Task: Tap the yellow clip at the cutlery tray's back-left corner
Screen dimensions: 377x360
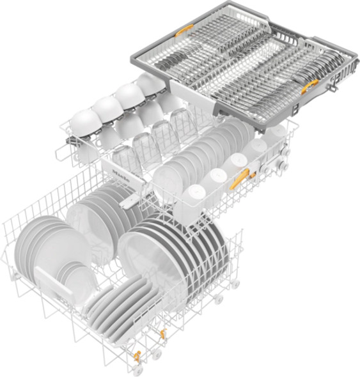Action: click(185, 29)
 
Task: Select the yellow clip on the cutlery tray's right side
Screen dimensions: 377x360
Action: click(309, 86)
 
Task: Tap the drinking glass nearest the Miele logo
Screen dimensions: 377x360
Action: click(121, 157)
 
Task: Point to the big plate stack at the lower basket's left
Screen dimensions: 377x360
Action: click(42, 246)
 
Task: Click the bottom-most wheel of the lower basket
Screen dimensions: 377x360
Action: click(137, 370)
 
